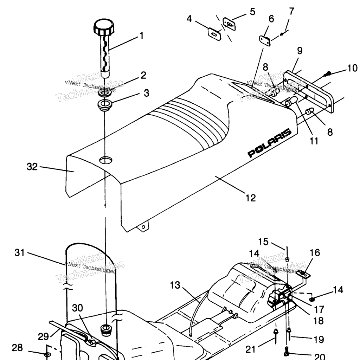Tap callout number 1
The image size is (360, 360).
(x=141, y=36)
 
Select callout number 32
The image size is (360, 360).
(x=32, y=167)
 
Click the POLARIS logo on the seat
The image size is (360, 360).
(x=270, y=143)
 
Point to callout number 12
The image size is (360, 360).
(x=251, y=198)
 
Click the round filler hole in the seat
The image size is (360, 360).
(x=106, y=160)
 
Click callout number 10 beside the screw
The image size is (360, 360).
(x=352, y=68)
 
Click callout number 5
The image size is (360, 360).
(x=252, y=12)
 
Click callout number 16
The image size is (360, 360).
(x=315, y=253)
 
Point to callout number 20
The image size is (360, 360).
(x=319, y=356)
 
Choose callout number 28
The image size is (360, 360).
(x=17, y=348)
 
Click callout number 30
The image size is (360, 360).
(x=77, y=308)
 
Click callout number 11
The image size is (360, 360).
(x=314, y=141)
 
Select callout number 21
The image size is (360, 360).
(x=250, y=349)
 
